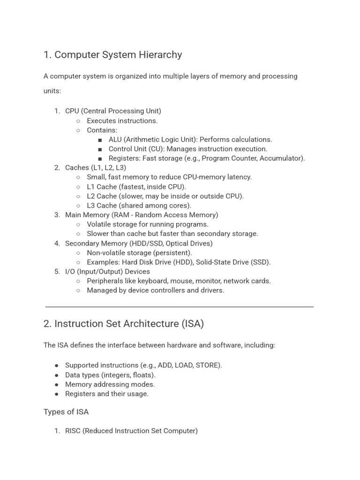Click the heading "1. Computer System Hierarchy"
coord(112,55)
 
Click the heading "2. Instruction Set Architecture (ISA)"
coord(123,324)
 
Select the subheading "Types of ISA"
coord(66,412)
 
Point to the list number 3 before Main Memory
coord(57,215)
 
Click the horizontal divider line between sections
coord(180,307)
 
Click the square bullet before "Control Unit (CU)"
coord(100,149)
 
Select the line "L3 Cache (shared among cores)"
coord(139,206)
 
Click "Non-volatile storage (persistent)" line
coord(139,253)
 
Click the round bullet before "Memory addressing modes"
coord(57,384)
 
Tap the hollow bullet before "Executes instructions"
coord(78,121)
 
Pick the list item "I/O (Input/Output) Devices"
coord(107,272)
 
